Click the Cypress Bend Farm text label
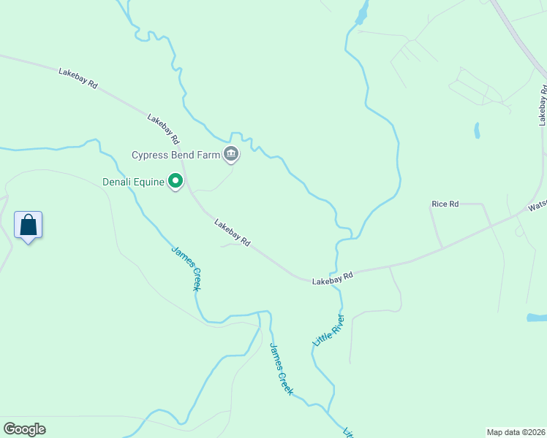176,155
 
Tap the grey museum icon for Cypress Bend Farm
232,153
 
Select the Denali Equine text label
133,182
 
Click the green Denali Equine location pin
176,180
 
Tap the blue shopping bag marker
29,226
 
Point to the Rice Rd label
445,204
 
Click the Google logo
24,429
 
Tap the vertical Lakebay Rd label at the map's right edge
543,106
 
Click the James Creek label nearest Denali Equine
186,268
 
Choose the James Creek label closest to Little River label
281,369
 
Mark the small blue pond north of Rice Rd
477,131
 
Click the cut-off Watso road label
537,207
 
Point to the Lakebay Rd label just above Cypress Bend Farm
163,128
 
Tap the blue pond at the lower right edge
536,318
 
